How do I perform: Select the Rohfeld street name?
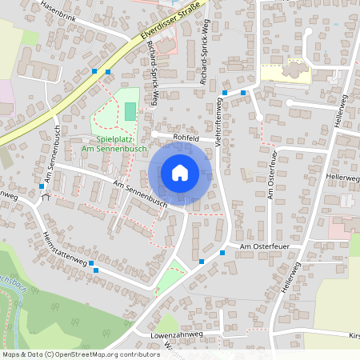click(x=186, y=137)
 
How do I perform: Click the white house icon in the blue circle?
click(x=180, y=172)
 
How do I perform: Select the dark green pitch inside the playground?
click(x=130, y=110)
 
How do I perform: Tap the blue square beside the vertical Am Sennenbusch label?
click(x=42, y=186)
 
